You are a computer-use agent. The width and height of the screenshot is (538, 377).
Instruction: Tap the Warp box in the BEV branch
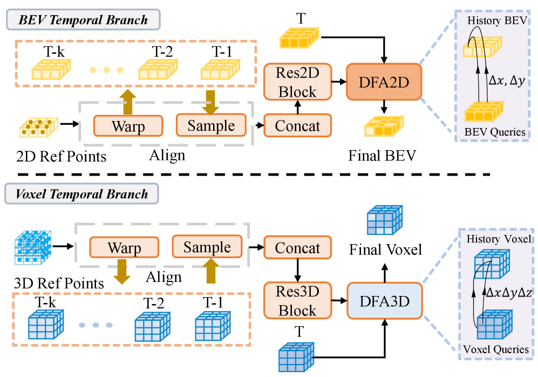point(128,126)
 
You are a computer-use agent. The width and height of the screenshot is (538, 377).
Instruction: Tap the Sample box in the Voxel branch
point(207,248)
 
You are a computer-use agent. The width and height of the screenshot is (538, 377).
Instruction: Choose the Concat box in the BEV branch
point(297,126)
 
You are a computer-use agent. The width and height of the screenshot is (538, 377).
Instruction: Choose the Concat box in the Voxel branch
point(297,248)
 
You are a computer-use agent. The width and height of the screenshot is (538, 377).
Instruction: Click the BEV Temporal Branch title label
point(83,20)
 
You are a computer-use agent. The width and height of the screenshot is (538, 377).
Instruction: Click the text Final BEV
point(382,156)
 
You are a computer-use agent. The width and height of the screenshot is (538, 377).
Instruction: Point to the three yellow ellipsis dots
point(106,70)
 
